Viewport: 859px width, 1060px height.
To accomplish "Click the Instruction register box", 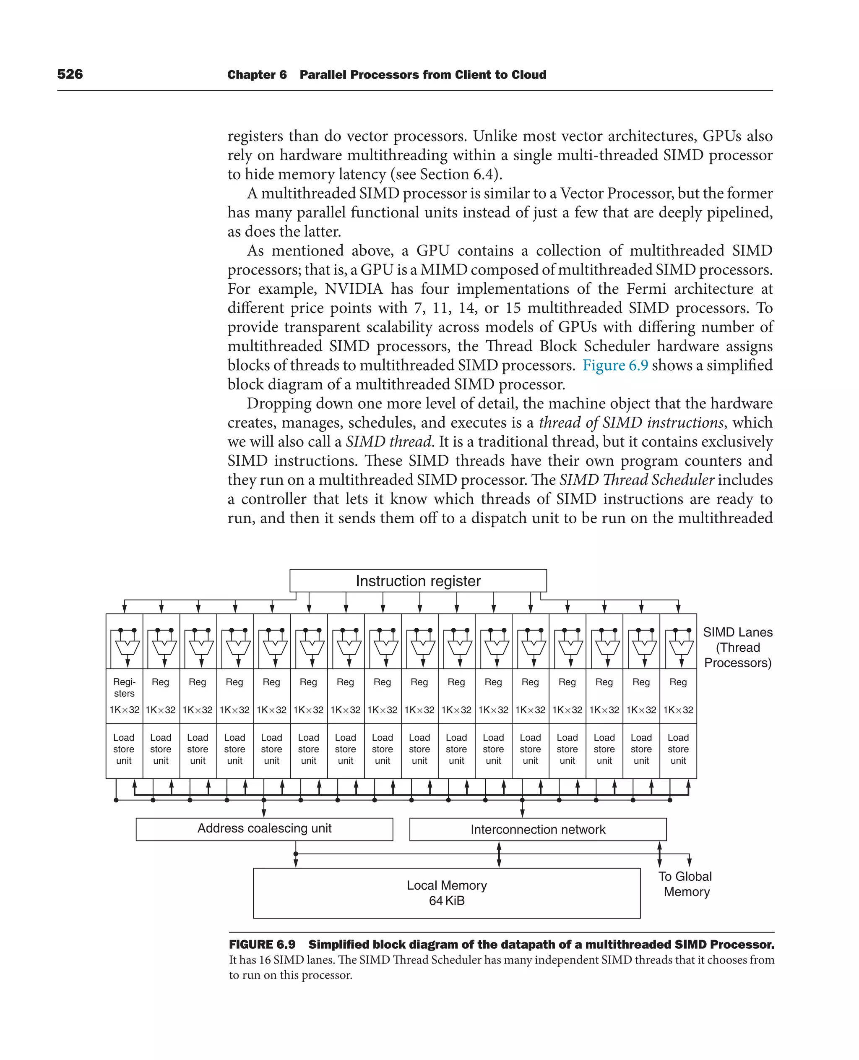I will (418, 581).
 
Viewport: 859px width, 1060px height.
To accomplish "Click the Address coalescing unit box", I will (264, 829).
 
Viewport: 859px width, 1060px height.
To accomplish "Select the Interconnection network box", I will (537, 829).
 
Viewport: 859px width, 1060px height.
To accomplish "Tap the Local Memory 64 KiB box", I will (446, 893).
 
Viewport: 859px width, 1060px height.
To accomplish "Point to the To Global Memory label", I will (685, 884).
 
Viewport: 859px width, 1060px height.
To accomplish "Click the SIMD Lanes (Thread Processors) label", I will (737, 647).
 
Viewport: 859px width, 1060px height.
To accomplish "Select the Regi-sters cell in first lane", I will (124, 688).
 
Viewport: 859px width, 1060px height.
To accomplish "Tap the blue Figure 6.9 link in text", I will (614, 366).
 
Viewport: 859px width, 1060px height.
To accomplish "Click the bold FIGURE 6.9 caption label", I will (262, 945).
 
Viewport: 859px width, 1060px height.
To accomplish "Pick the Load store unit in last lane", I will (678, 749).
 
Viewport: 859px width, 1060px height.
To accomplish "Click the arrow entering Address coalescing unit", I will (264, 812).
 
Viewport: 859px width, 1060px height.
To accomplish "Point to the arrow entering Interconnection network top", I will (523, 812).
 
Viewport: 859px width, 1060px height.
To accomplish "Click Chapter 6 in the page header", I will (257, 75).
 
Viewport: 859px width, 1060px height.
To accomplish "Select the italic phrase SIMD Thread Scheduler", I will (637, 480).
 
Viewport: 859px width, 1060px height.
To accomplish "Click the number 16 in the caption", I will (265, 960).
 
